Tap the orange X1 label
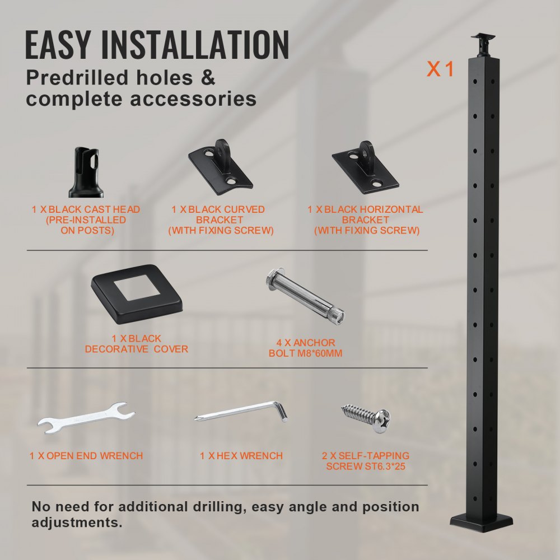point(440,69)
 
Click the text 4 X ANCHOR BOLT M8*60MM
point(305,348)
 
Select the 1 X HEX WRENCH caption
point(241,456)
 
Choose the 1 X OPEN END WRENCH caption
point(86,456)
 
